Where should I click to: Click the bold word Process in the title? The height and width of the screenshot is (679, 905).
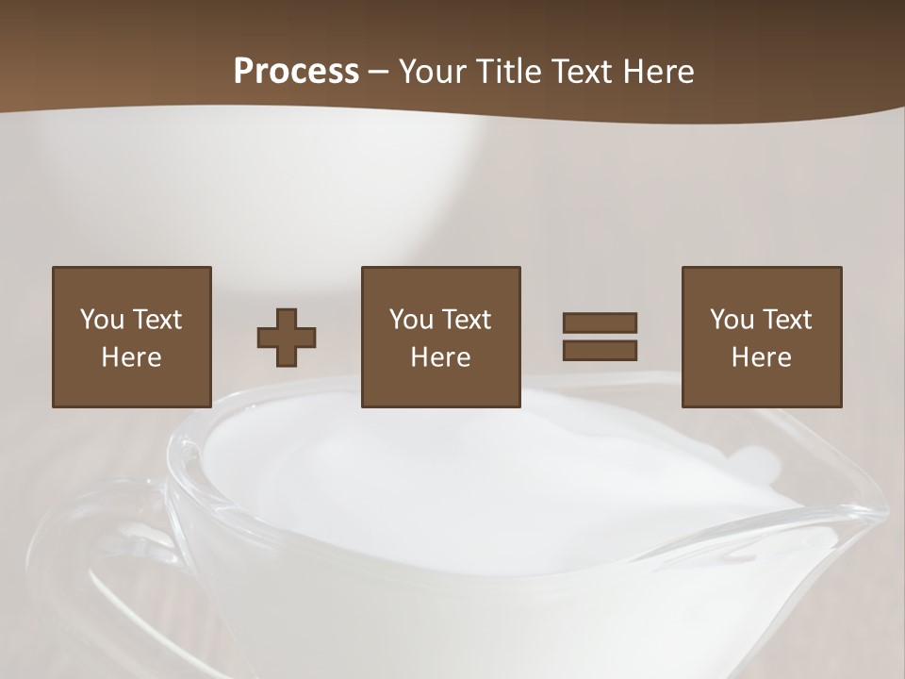pyautogui.click(x=296, y=72)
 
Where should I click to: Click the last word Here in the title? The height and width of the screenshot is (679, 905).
pyautogui.click(x=658, y=72)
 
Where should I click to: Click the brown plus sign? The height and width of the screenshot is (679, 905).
pyautogui.click(x=287, y=338)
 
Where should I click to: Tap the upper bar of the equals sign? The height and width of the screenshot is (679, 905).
pyautogui.click(x=600, y=323)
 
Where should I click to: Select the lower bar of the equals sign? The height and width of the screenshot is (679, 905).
pyautogui.click(x=600, y=350)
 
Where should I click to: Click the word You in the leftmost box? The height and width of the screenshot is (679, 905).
pyautogui.click(x=102, y=320)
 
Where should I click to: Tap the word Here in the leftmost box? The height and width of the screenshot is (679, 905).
pyautogui.click(x=131, y=357)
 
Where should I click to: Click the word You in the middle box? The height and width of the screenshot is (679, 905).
pyautogui.click(x=411, y=320)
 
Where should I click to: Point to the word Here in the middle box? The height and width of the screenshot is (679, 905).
pyautogui.click(x=440, y=357)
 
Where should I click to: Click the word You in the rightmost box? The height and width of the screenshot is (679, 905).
pyautogui.click(x=732, y=320)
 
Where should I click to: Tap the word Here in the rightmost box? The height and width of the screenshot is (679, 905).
pyautogui.click(x=761, y=357)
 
